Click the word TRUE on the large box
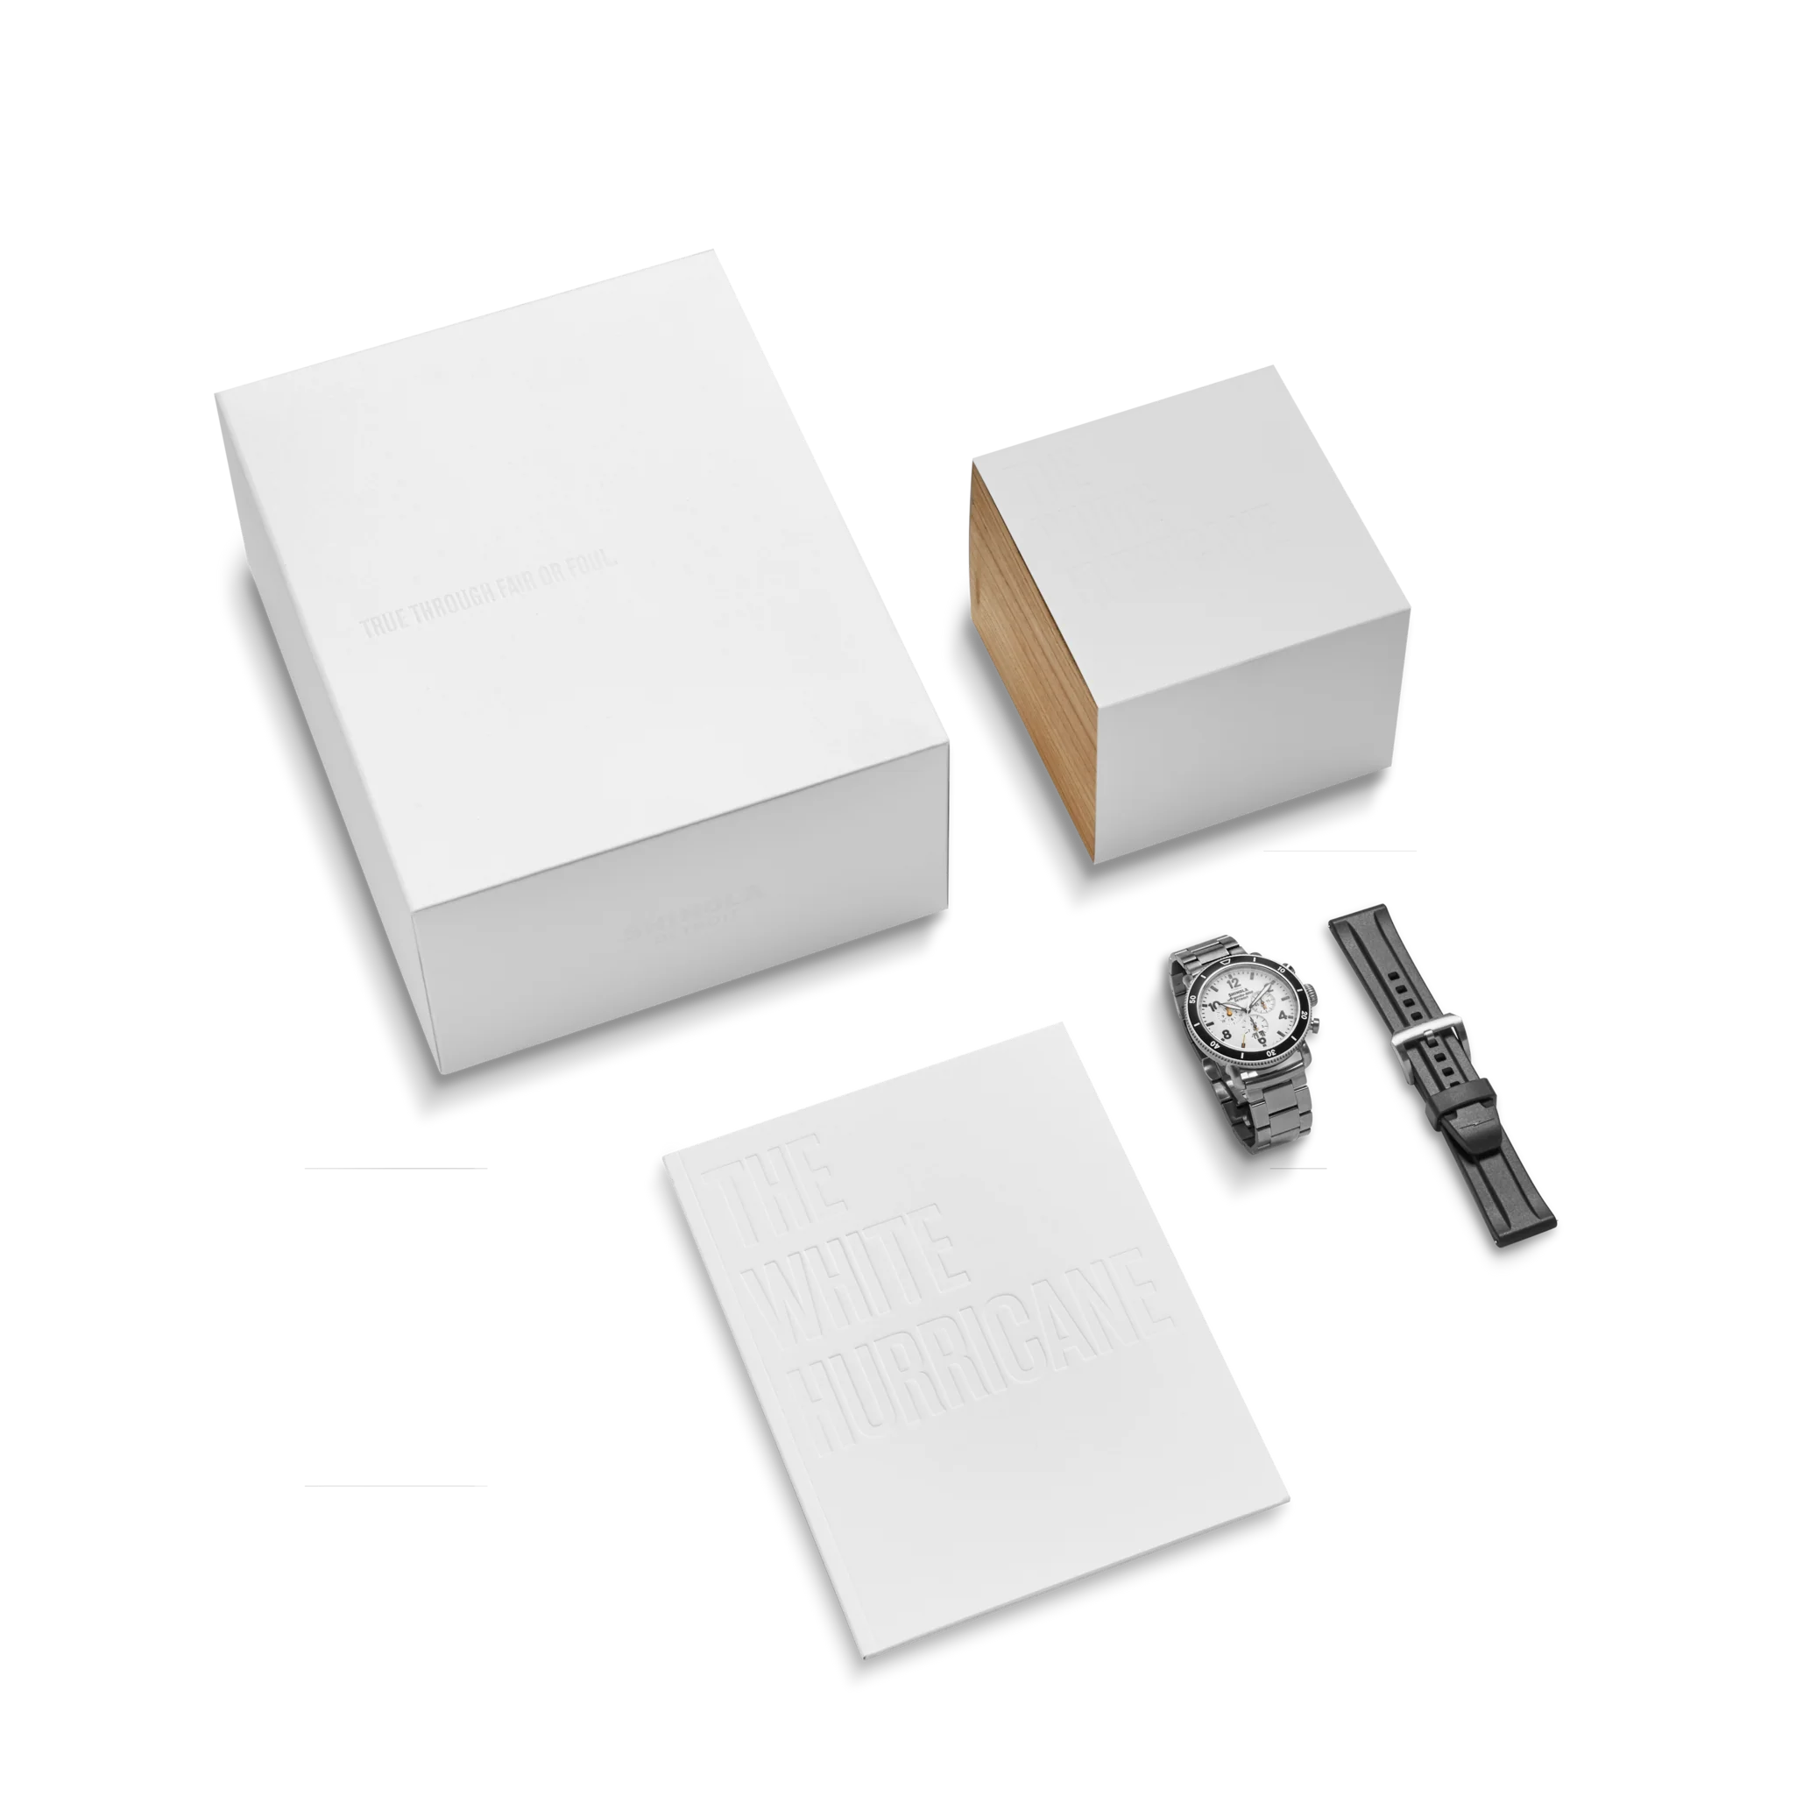[383, 626]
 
